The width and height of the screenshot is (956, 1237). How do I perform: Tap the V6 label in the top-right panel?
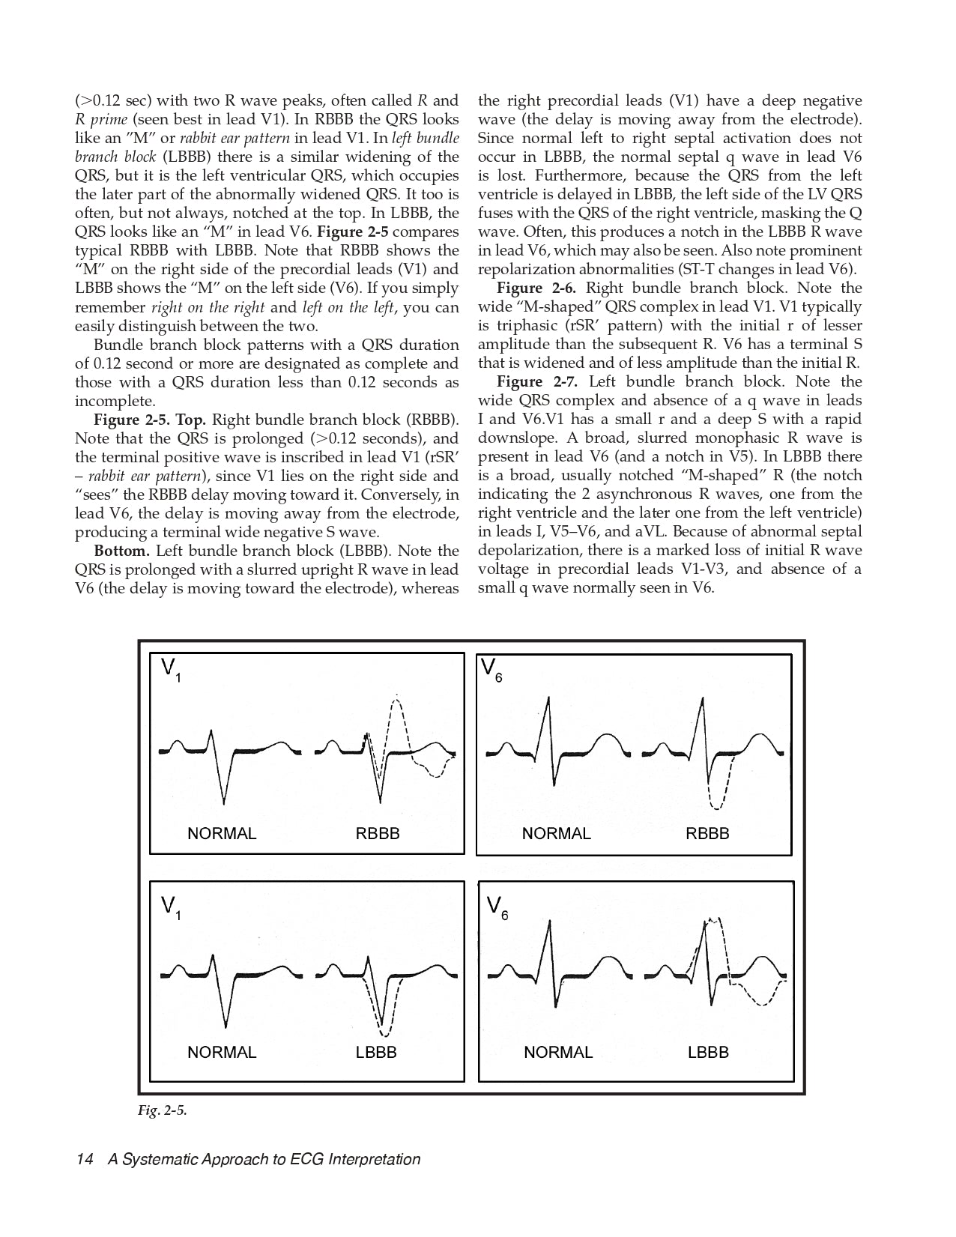point(491,669)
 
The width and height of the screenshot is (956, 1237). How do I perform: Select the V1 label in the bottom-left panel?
point(171,908)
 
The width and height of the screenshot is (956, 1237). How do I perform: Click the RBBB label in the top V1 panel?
point(378,833)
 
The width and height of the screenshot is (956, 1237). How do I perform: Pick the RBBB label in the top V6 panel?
point(707,833)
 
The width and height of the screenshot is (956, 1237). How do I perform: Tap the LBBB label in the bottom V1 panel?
point(376,1052)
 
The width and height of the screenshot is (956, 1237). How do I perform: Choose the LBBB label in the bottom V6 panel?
point(708,1052)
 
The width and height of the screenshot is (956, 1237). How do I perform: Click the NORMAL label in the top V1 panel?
point(222,833)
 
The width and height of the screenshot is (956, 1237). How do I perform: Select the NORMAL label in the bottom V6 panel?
point(558,1052)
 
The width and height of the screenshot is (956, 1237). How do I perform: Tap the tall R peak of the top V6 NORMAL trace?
point(549,698)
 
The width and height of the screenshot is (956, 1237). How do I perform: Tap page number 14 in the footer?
point(84,1159)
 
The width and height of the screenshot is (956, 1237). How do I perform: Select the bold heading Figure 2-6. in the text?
point(536,288)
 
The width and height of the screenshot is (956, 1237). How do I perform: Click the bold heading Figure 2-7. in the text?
point(536,382)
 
